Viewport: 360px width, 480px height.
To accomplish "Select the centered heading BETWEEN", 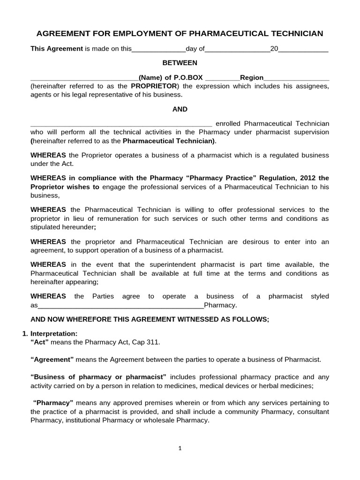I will click(x=180, y=63).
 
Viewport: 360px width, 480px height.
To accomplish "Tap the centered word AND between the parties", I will click(x=180, y=109).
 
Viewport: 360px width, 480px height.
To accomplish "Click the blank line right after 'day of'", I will click(x=238, y=49).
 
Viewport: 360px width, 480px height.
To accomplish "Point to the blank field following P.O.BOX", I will click(x=223, y=78).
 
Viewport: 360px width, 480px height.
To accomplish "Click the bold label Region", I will click(x=252, y=78).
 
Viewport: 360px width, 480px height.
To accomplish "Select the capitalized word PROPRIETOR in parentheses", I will click(x=154, y=86).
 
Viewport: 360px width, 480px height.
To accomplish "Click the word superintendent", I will click(x=143, y=265).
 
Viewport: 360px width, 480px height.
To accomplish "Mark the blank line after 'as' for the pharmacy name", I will click(x=120, y=306).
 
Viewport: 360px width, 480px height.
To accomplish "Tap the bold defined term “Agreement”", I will click(x=52, y=360).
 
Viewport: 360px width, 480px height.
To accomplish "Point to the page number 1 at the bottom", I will click(x=180, y=448).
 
